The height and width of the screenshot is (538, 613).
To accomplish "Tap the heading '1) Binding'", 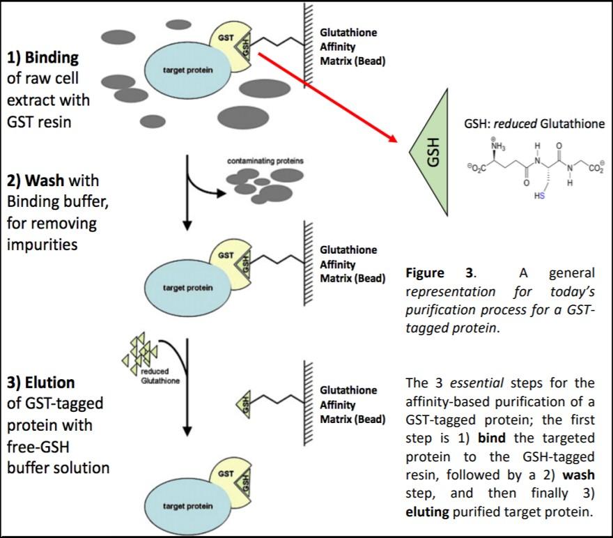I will pos(42,57).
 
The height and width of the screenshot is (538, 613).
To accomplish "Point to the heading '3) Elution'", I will pos(41,383).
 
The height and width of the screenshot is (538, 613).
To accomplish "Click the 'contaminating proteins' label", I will pos(265,161).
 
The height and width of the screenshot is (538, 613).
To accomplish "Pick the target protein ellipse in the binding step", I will pos(187,71).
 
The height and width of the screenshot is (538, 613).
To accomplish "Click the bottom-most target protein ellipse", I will pos(187,505).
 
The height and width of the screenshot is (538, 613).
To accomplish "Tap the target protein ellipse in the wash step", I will pos(187,287).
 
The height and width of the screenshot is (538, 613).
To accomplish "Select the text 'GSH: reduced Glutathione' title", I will pos(534,123).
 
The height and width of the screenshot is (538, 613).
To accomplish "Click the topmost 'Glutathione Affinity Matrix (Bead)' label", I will pos(352,47).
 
